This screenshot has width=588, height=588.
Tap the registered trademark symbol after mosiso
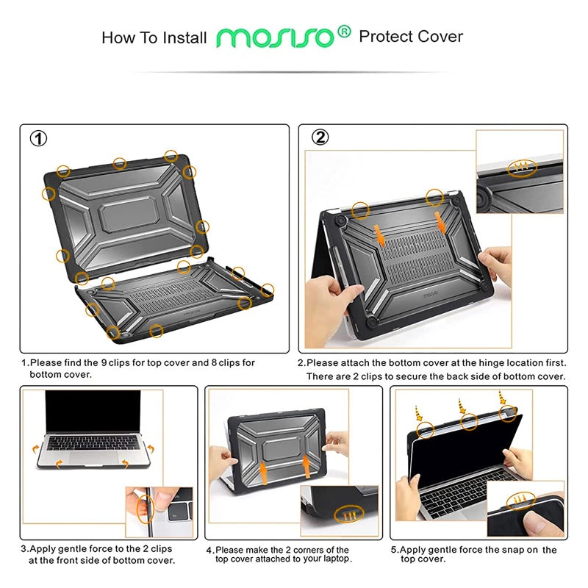343,32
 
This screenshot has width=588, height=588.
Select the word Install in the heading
181,37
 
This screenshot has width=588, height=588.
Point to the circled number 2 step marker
320,137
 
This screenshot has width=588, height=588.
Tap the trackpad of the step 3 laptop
93,456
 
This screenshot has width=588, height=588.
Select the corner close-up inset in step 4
339,510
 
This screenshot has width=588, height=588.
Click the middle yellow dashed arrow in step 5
461,406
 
